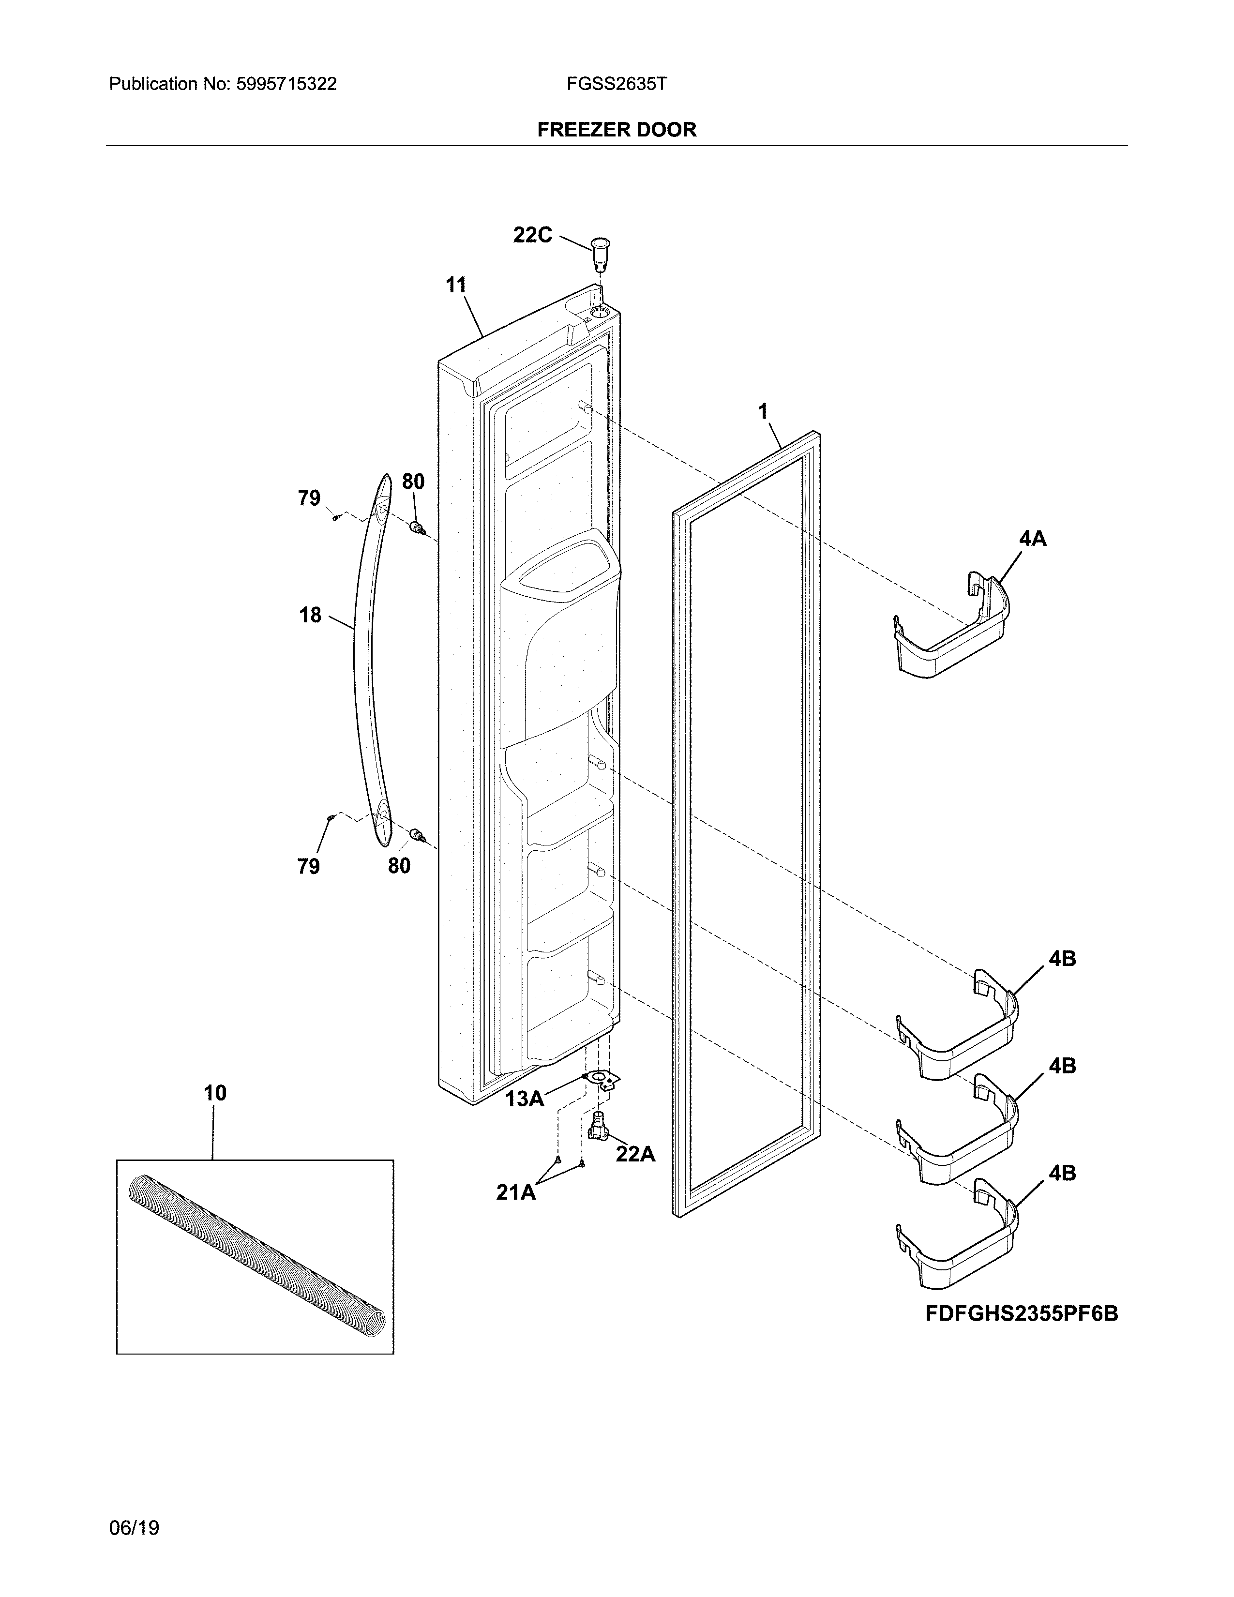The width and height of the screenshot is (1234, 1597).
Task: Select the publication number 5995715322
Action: pos(286,84)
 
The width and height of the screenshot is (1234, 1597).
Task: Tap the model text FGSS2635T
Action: pos(616,84)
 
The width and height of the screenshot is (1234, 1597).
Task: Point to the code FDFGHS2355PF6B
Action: pos(1021,1313)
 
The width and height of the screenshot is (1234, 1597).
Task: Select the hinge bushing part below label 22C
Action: pos(600,253)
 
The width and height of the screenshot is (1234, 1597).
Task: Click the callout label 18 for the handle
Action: pos(310,615)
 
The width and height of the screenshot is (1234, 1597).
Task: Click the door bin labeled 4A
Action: pos(950,629)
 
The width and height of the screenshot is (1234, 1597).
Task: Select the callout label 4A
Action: pos(1032,539)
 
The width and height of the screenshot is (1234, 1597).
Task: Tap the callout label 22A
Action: pos(634,1154)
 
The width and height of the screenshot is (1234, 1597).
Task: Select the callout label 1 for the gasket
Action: pos(763,412)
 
